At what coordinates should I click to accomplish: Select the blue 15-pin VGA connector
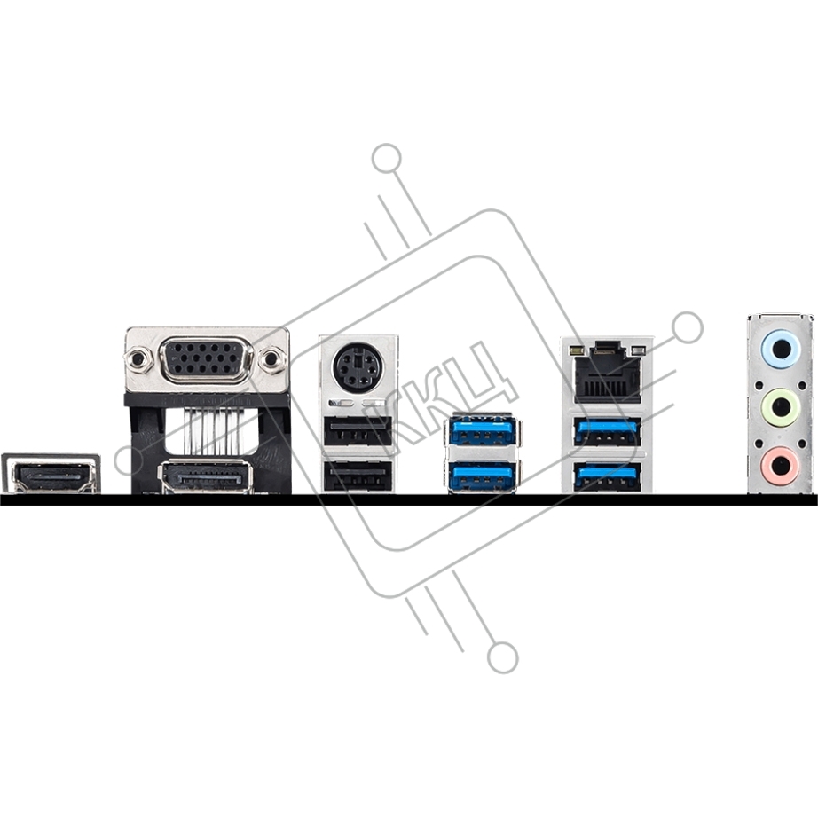208,359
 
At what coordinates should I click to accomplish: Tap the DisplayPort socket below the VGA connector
206,476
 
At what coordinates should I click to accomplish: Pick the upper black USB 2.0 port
357,431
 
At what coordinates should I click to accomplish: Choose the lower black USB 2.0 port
357,476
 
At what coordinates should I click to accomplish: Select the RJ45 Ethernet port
607,373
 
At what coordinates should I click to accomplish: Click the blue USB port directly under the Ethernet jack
607,431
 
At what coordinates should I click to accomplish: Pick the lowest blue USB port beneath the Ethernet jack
607,476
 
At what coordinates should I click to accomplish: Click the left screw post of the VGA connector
136,359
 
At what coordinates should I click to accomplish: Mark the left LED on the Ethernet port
577,349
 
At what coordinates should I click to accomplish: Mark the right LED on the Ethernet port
638,349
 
